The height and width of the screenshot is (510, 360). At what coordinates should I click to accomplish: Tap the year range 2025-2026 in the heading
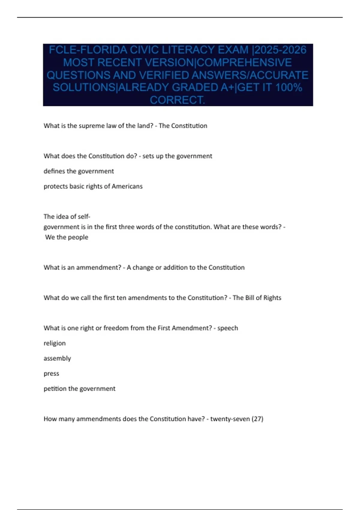(x=280, y=50)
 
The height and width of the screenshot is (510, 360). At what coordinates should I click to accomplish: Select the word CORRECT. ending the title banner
(x=178, y=100)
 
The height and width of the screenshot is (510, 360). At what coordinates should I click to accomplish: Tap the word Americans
(x=127, y=186)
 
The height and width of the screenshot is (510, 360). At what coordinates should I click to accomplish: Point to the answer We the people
(x=67, y=237)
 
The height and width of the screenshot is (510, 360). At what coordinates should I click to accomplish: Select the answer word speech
(x=228, y=328)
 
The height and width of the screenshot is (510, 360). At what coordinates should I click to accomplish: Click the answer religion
(x=55, y=343)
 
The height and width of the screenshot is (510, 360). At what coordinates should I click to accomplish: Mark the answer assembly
(x=57, y=358)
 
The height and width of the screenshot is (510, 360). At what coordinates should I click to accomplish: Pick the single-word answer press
(x=51, y=374)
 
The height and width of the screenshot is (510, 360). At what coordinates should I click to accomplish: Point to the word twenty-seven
(x=230, y=419)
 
